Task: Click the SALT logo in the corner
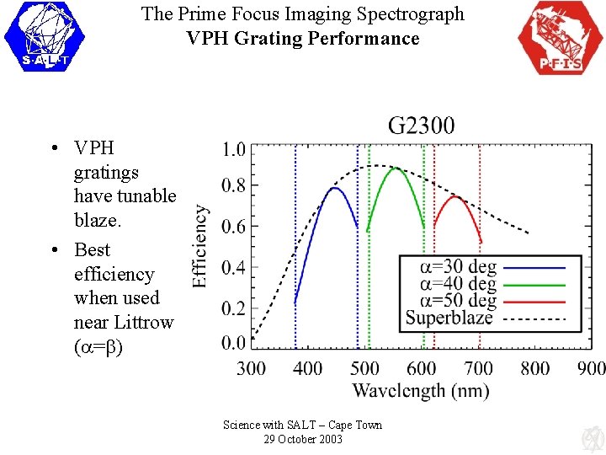45,36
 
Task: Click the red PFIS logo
560,38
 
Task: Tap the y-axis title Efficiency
200,246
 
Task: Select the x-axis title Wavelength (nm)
420,390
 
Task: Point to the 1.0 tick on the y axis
233,150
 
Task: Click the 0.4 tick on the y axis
233,268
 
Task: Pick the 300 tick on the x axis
251,368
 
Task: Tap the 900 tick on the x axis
592,368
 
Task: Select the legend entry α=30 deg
459,267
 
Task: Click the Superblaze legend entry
449,318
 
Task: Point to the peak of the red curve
455,196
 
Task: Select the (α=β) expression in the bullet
98,346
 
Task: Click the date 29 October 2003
302,439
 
